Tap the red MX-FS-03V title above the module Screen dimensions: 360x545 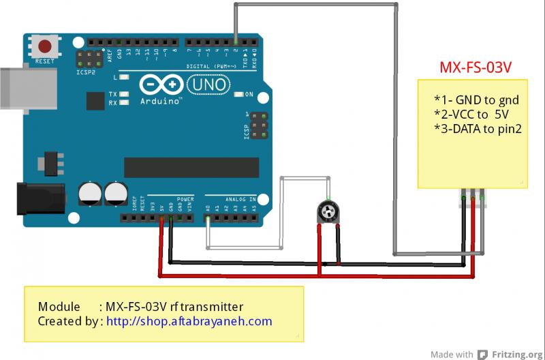click(x=475, y=68)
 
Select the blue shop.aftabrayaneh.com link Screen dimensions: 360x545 click(x=189, y=321)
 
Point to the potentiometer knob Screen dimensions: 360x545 click(x=329, y=212)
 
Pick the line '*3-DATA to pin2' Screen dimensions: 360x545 click(x=478, y=127)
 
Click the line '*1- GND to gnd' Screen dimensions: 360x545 click(x=472, y=99)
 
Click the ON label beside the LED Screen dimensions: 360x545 click(x=249, y=94)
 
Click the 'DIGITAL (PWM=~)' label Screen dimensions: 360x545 click(x=212, y=66)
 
